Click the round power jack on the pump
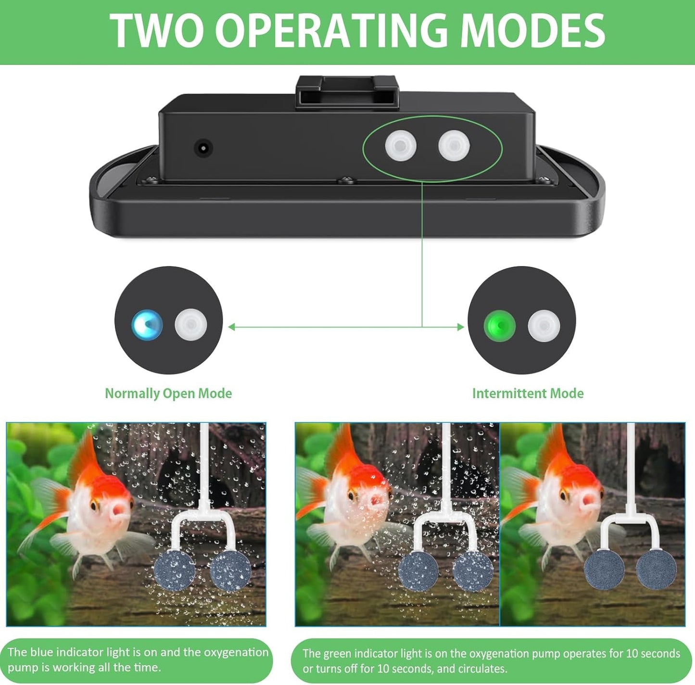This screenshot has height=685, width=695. pyautogui.click(x=203, y=148)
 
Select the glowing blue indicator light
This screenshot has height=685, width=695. pyautogui.click(x=147, y=325)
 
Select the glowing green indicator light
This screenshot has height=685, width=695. pyautogui.click(x=500, y=326)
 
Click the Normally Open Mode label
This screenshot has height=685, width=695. pyautogui.click(x=168, y=393)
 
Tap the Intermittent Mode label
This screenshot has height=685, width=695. pyautogui.click(x=528, y=393)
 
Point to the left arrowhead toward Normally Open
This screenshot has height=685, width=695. pyautogui.click(x=232, y=327)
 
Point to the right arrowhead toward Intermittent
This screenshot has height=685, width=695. pyautogui.click(x=461, y=327)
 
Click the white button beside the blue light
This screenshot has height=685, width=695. pyautogui.click(x=191, y=325)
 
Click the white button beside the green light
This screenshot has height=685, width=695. pyautogui.click(x=544, y=326)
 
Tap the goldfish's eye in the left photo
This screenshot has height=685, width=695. pyautogui.click(x=94, y=505)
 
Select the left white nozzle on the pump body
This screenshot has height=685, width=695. pyautogui.click(x=401, y=146)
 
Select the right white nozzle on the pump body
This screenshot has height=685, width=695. pyautogui.click(x=454, y=146)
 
